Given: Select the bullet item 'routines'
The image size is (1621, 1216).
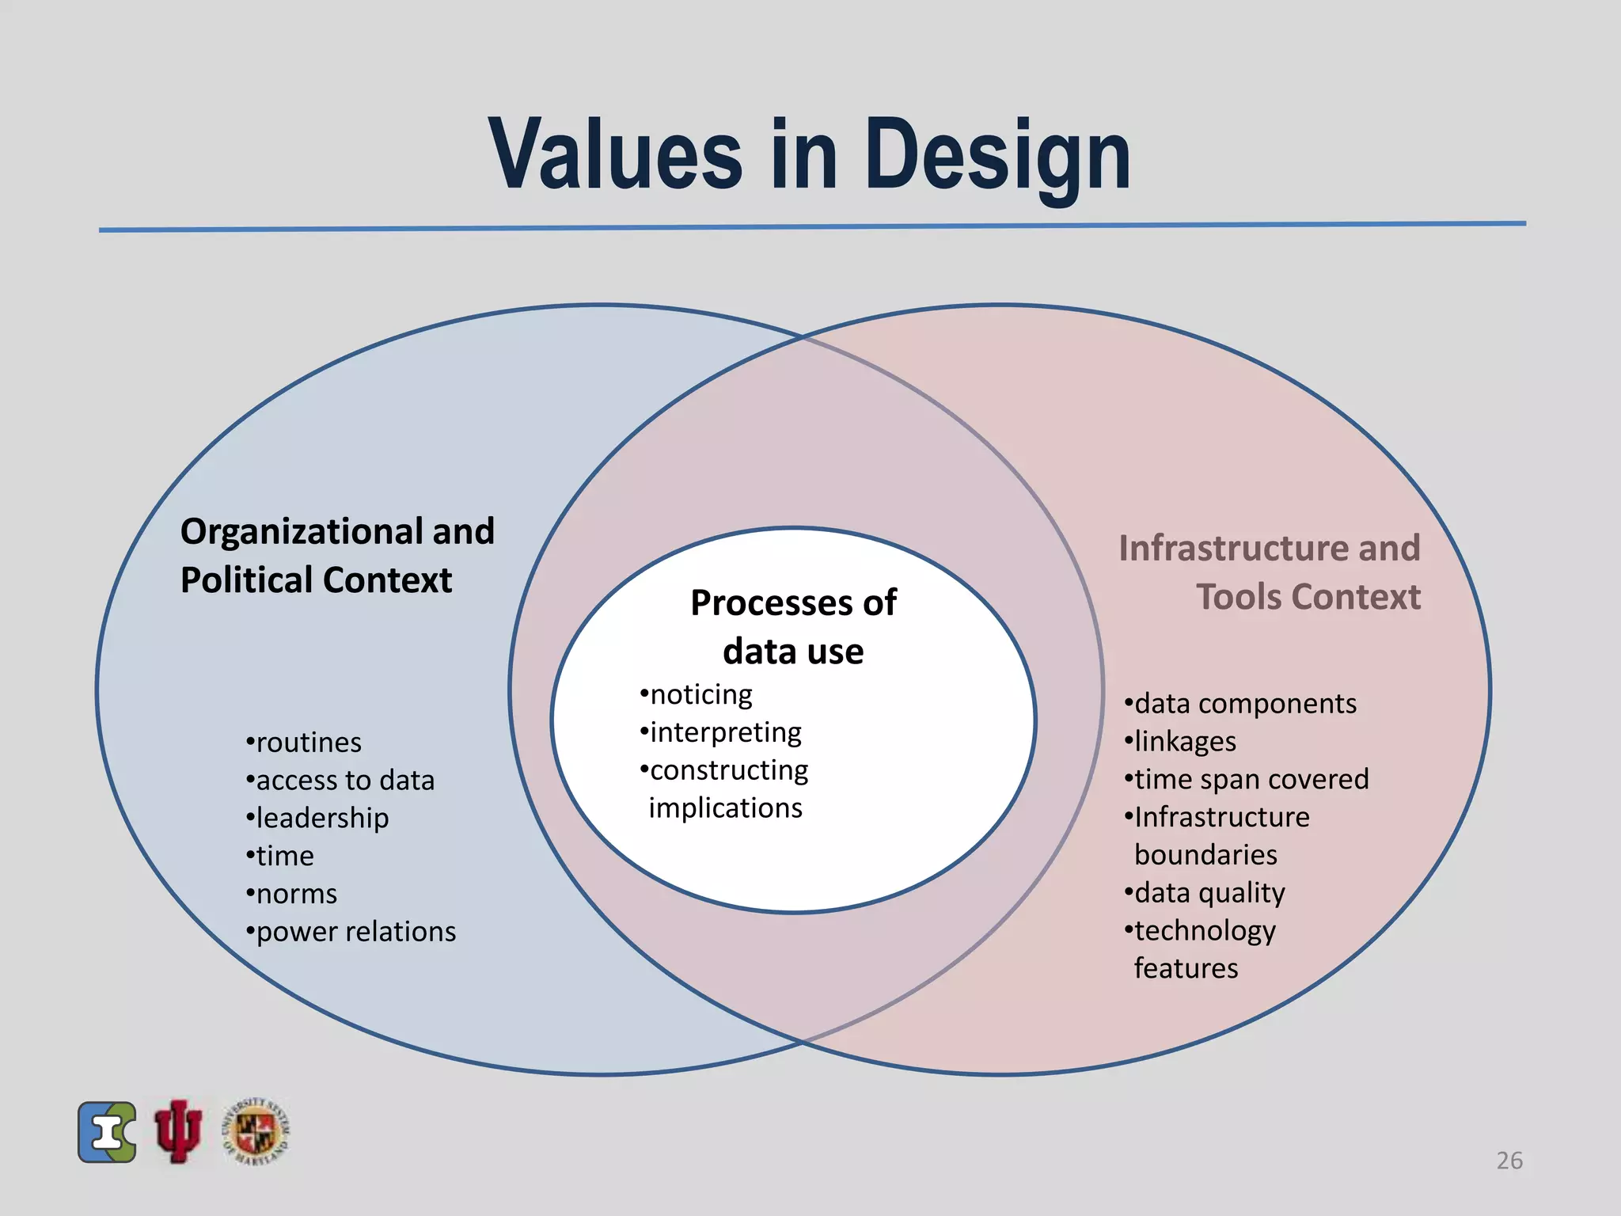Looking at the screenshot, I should pos(304,743).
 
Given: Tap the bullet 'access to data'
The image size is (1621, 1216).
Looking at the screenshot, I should pos(340,781).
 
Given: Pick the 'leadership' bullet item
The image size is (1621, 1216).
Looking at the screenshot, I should pos(317,818).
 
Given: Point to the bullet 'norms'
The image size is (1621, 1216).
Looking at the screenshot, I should pos(292,894).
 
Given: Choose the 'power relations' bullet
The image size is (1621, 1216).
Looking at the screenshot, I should pos(351,932).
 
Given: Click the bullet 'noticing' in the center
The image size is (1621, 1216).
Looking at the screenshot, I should pos(697,694).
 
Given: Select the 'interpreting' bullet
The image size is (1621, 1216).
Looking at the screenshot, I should pos(721,732).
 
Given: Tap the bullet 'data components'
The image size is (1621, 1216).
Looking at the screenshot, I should pos(1240,704).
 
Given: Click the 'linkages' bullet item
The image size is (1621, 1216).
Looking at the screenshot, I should pos(1180,742).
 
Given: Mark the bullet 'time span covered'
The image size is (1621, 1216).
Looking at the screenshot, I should pos(1247,779).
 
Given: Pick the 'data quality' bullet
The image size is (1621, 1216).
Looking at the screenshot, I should pos(1205,893).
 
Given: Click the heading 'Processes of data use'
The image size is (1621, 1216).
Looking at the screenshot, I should pos(793,626).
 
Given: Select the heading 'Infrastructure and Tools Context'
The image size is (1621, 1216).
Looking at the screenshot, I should pos(1270,572).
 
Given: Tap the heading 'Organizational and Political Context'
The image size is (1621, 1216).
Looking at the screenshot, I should pos(337,555).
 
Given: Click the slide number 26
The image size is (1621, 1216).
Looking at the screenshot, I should pos(1509,1161).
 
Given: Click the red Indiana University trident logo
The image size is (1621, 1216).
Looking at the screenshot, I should pos(178,1131).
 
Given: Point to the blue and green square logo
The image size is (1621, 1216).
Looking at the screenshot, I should pos(107,1132).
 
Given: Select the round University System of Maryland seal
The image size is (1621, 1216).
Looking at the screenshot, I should pos(256,1131).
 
